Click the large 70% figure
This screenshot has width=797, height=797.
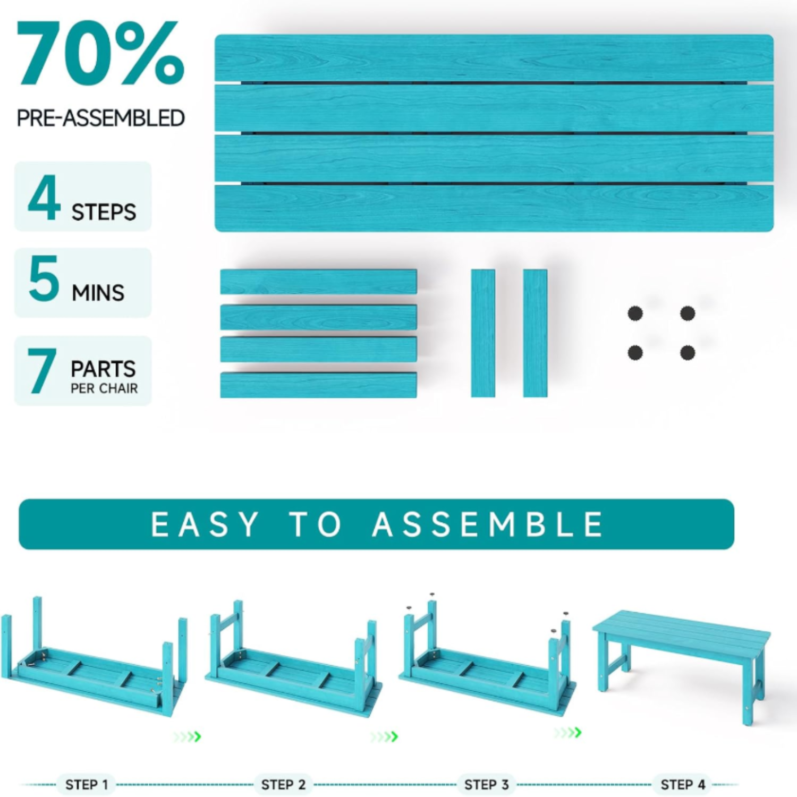point(101,53)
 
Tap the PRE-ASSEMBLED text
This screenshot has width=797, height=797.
point(101,118)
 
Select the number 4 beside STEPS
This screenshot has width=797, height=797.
point(44,197)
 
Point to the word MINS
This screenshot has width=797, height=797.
point(98,293)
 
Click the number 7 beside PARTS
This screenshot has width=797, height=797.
point(42,371)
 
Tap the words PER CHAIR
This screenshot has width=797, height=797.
point(104,388)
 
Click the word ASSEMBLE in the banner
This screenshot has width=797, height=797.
point(488,524)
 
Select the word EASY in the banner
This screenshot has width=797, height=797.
point(205,524)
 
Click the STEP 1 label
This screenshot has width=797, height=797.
point(87,784)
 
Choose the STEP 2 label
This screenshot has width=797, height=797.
point(284,784)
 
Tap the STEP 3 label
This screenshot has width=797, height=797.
point(487,784)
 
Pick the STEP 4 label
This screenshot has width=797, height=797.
point(683,784)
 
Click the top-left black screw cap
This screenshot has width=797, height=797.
point(635,313)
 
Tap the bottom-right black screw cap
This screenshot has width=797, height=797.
point(688,352)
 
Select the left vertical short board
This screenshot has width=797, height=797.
point(483,333)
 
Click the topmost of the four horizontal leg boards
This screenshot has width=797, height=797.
point(318,282)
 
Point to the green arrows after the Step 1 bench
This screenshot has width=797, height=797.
point(188,737)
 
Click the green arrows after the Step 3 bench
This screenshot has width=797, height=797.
point(567,733)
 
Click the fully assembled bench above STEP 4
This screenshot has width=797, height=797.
point(681,666)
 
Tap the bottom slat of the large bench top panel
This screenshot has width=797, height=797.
point(494,208)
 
